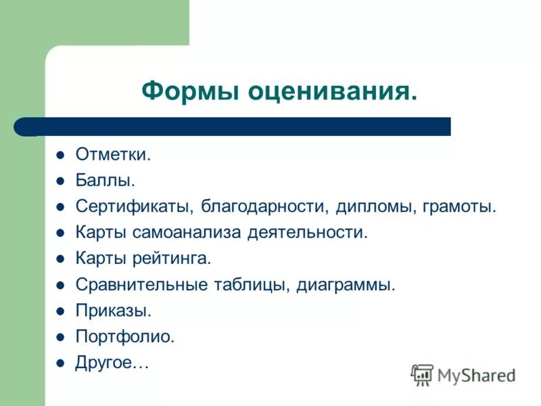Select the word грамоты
[461, 206]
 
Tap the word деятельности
[308, 233]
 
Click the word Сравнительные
[141, 285]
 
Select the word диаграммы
[346, 285]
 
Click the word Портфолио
[125, 336]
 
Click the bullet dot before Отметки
[60, 156]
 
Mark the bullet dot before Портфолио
[60, 336]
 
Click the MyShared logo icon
[422, 374]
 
